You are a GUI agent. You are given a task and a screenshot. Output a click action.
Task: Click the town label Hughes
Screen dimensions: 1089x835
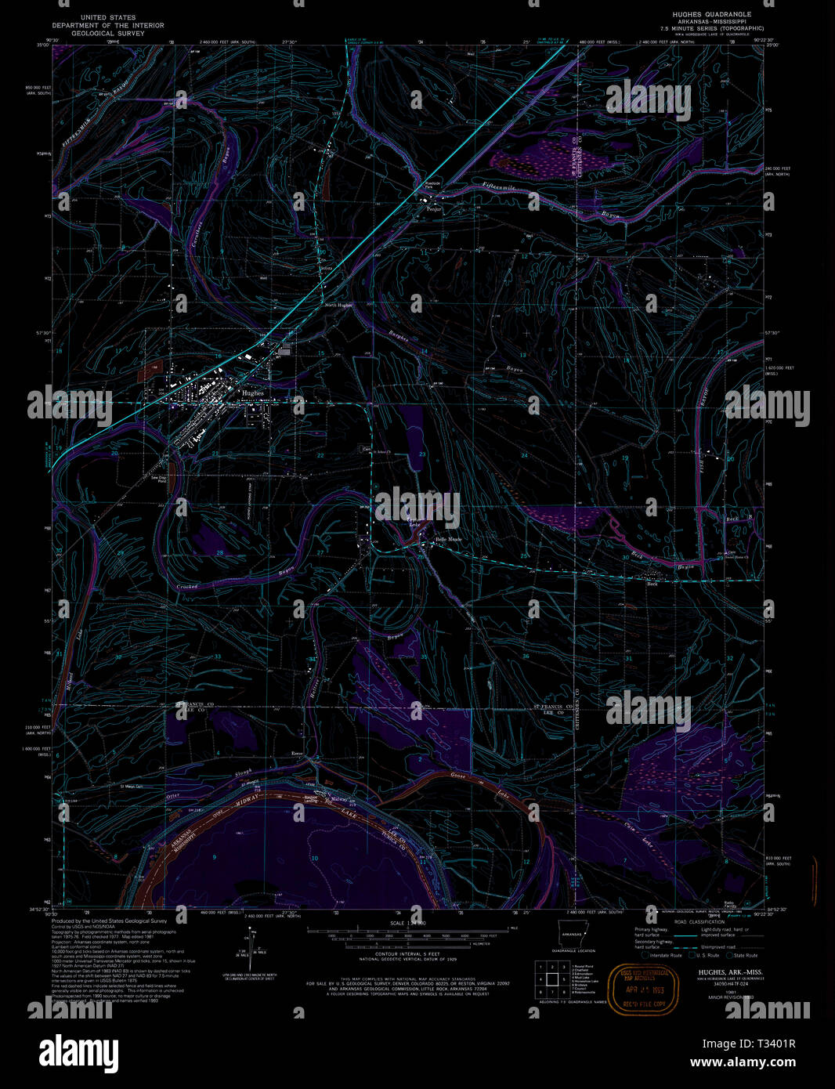tap(253, 393)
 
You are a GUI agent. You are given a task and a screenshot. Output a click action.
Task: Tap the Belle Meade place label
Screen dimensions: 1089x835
tap(449, 540)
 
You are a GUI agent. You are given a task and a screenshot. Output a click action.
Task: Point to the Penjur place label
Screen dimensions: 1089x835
tap(434, 210)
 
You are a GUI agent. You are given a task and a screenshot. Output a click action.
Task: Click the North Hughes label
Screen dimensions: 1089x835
tap(338, 305)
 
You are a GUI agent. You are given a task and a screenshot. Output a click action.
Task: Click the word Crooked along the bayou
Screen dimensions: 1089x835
tap(187, 586)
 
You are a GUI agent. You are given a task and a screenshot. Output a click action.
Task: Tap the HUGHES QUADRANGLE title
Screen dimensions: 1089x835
tap(711, 14)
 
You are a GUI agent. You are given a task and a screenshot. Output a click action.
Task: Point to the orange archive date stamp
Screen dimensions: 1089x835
tap(644, 989)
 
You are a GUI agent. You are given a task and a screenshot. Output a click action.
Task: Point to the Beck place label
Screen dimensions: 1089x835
tap(652, 584)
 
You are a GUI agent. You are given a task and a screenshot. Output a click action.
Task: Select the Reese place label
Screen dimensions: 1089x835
tap(297, 754)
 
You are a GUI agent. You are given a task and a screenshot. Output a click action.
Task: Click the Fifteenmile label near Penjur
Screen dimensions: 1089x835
tap(501, 188)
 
